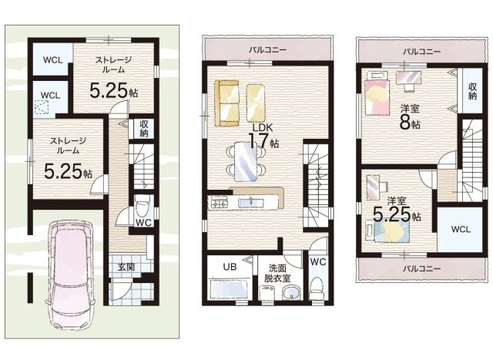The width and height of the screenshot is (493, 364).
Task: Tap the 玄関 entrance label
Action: [126, 267]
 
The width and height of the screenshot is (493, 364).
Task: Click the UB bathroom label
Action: [230, 267]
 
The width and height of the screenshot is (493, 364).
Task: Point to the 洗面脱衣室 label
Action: [277, 273]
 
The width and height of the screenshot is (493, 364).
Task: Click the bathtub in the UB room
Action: [230, 289]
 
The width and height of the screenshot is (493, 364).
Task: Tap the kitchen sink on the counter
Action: [251, 201]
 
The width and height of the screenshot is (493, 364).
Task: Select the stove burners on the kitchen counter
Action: [219, 202]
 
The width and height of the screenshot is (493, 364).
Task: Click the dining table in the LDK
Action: [246, 161]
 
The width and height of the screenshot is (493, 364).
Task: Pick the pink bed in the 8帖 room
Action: [377, 97]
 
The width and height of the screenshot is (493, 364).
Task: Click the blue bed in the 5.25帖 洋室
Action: [392, 232]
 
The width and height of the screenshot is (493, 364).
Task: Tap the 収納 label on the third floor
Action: [472, 91]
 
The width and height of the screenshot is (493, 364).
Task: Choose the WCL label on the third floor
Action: [461, 229]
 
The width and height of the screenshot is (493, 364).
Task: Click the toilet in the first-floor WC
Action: [142, 206]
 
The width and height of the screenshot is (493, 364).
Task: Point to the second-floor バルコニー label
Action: [267, 50]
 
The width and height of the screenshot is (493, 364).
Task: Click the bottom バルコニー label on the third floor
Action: [422, 268]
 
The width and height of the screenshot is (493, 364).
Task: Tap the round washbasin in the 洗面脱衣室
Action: [291, 294]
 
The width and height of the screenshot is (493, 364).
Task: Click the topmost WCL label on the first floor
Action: [53, 60]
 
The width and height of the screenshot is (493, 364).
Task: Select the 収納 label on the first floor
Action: [144, 129]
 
